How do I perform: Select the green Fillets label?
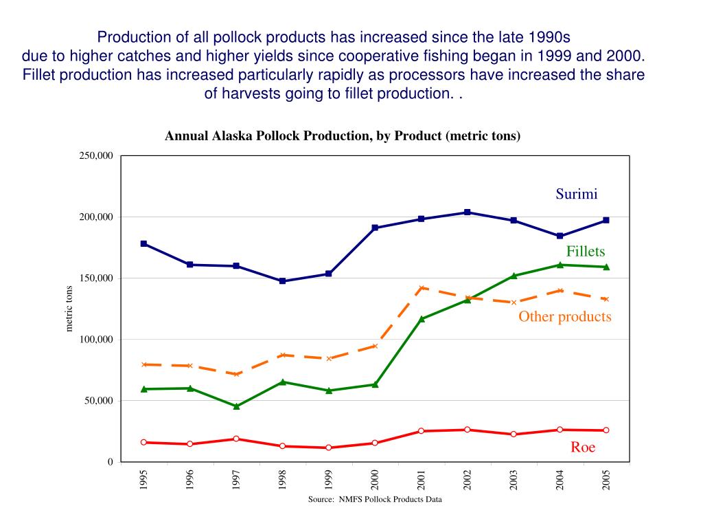click(585, 252)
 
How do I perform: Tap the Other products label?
click(564, 316)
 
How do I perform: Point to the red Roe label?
click(583, 448)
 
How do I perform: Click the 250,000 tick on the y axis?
click(96, 156)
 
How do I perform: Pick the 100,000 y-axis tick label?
click(96, 340)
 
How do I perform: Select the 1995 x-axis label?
click(143, 479)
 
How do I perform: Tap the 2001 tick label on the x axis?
click(422, 479)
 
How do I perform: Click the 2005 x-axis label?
click(606, 479)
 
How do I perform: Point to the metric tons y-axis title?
click(69, 309)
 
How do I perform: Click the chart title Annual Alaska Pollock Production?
click(343, 136)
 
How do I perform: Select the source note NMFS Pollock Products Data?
click(375, 500)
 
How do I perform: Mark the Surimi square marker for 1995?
click(143, 243)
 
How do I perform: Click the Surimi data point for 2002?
click(468, 212)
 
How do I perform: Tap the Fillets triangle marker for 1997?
click(236, 406)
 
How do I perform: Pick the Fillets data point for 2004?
click(560, 265)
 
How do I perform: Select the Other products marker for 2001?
click(422, 288)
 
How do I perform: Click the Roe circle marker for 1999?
click(329, 448)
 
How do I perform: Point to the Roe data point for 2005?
click(606, 430)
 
